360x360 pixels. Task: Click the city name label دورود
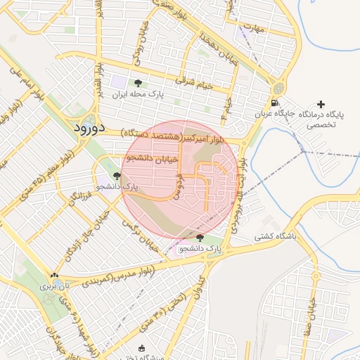coord(89,128)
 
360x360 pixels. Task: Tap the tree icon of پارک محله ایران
coord(147,83)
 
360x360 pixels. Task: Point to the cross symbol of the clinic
coord(321,104)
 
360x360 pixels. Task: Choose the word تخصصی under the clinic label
coord(321,125)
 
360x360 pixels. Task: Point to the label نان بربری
coord(55,286)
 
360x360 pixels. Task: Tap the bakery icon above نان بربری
coord(55,275)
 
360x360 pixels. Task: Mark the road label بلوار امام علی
coord(27,82)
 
